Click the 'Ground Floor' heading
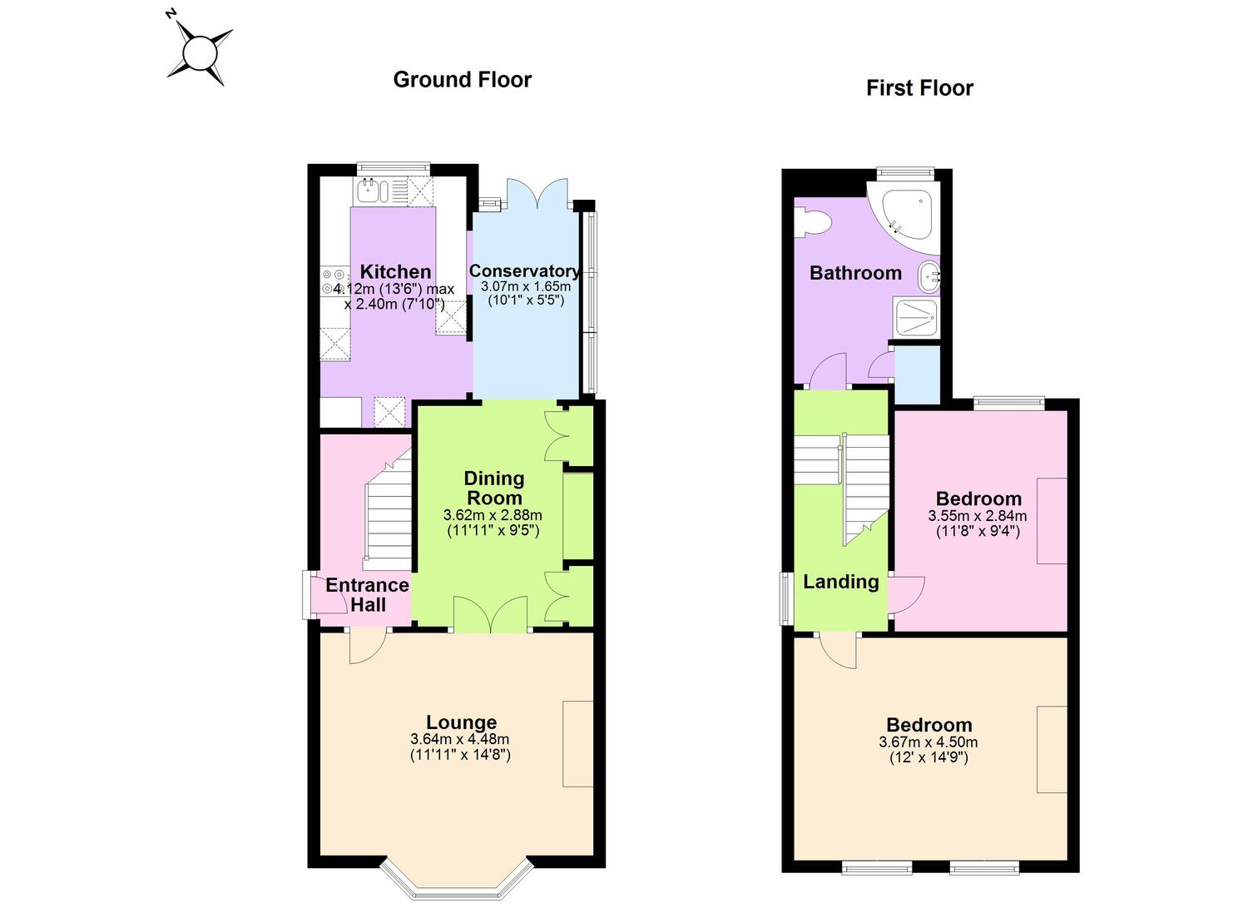tap(463, 80)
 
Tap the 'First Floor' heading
tap(920, 88)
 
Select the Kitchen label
tap(395, 272)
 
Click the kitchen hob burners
tap(333, 281)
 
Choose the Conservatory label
tap(524, 270)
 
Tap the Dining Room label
tap(494, 488)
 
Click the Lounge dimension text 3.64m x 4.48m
tap(460, 739)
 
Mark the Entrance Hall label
tap(368, 595)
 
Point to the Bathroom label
tap(856, 273)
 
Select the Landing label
tap(840, 582)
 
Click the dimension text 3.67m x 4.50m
tap(929, 742)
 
